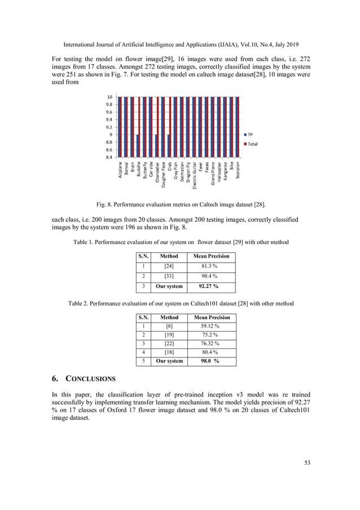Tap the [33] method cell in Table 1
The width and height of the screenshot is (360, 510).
pos(169,276)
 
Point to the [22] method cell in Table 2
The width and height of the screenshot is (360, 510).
pos(169,343)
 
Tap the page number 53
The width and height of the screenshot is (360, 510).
pos(308,463)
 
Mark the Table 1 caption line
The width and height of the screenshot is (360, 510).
pos(181,242)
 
